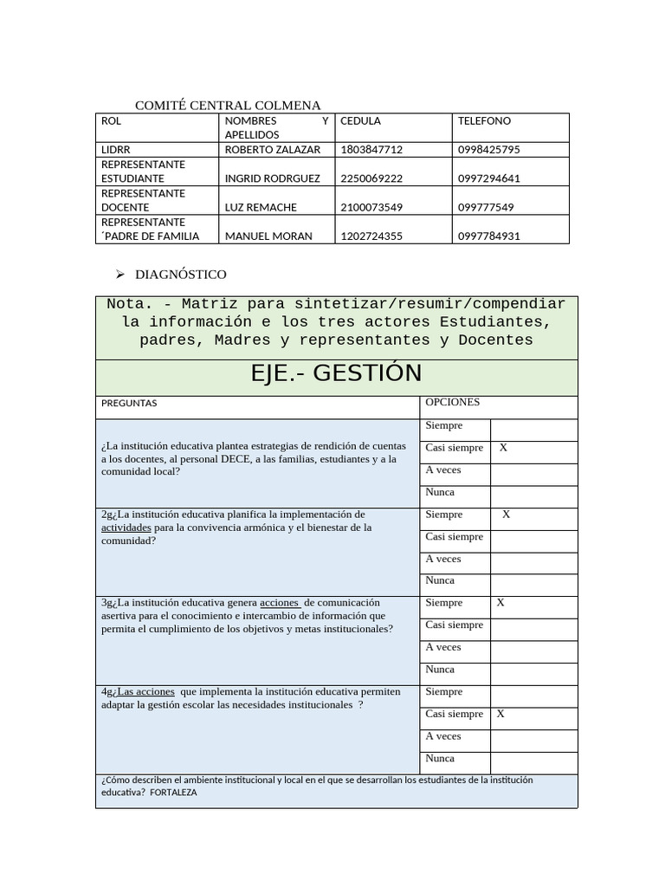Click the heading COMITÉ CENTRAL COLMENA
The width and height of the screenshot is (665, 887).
(228, 106)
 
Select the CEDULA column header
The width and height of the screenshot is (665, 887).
(360, 121)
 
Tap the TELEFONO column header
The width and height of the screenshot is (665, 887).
(484, 121)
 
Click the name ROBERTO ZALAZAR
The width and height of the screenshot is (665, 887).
(272, 150)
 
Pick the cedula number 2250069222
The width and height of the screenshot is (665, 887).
(371, 178)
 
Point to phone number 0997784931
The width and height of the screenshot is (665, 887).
(488, 236)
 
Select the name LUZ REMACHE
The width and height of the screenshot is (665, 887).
(261, 208)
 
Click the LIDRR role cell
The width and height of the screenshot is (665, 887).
(116, 150)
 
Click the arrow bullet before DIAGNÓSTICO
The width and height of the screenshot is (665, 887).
(120, 275)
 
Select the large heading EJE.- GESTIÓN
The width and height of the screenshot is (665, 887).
(336, 373)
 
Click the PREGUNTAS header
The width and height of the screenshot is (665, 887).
(129, 404)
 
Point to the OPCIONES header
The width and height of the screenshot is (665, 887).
(452, 402)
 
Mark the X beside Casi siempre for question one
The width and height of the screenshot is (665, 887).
(503, 448)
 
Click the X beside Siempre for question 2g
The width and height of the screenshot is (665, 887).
(507, 515)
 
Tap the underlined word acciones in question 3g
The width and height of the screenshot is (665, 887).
(279, 603)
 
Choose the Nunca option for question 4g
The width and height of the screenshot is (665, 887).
(440, 759)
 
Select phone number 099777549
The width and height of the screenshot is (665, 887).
(486, 208)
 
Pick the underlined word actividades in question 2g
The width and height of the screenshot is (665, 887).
(126, 528)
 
